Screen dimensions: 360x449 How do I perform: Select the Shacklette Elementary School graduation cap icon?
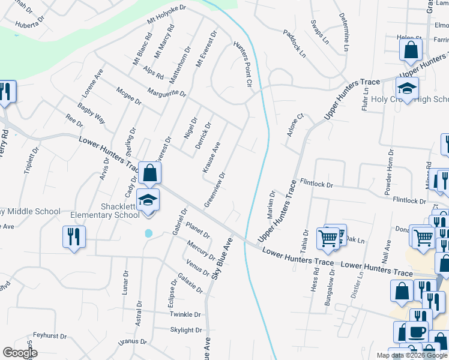click(148, 200)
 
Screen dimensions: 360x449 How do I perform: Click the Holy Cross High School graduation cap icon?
click(407, 89)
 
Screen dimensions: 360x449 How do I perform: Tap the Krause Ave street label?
click(212, 158)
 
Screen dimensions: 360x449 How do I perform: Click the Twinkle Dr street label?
click(184, 314)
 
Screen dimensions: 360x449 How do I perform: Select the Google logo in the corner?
click(19, 353)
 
